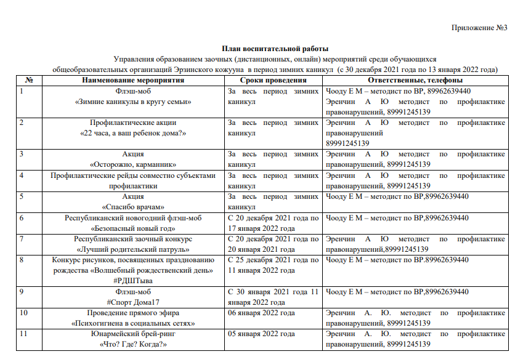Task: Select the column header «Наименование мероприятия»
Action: (x=133, y=81)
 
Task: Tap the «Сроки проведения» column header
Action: (x=273, y=81)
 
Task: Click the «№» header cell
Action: (x=29, y=81)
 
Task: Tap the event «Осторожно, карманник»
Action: (x=133, y=164)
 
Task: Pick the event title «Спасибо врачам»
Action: (x=133, y=207)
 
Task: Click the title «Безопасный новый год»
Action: (x=133, y=228)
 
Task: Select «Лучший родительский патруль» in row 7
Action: (x=133, y=249)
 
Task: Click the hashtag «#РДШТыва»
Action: (x=133, y=281)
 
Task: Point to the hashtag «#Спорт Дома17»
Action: (x=133, y=302)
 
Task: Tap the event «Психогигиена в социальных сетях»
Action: (x=133, y=323)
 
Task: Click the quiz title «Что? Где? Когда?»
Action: (x=133, y=345)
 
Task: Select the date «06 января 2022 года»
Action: (x=261, y=313)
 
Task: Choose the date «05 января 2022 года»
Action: (x=261, y=334)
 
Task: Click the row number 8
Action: (x=23, y=260)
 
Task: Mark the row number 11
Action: (x=25, y=334)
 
